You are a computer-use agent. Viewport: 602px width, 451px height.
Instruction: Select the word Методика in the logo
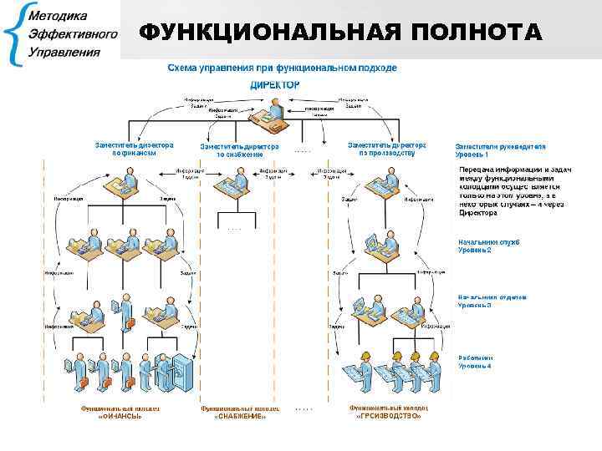[x=60, y=16]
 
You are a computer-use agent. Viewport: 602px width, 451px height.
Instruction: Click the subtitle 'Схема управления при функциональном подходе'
[x=283, y=67]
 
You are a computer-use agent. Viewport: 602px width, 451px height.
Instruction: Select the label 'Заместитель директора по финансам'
[x=134, y=149]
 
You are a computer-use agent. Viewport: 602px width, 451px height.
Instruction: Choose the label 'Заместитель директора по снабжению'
[x=240, y=150]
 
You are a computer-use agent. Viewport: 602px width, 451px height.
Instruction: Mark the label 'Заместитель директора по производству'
[x=387, y=149]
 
